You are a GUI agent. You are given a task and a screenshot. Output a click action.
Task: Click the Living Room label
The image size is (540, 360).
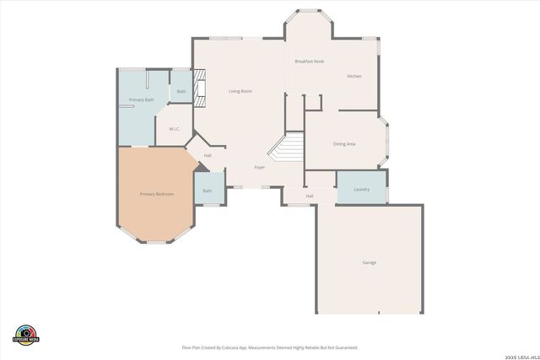click(x=240, y=91)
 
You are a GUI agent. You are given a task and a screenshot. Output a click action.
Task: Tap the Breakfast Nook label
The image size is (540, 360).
click(x=309, y=62)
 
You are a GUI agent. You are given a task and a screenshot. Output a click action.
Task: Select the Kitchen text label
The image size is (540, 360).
click(x=354, y=77)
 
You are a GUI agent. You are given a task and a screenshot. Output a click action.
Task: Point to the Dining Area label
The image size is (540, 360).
click(x=344, y=144)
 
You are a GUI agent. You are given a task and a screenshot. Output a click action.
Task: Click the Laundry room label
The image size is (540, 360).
click(x=361, y=190)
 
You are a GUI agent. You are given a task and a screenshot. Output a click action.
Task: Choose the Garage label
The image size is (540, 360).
click(x=369, y=263)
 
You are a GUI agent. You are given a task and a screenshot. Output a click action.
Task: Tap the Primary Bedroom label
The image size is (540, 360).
click(x=156, y=195)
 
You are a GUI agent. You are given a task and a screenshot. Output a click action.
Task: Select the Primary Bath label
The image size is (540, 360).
click(x=141, y=100)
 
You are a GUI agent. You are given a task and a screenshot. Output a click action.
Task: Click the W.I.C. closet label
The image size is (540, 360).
click(x=174, y=129)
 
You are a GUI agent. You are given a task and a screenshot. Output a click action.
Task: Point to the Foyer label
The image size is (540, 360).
click(x=260, y=167)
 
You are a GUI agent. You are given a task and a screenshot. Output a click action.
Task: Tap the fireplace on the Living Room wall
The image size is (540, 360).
click(x=200, y=89)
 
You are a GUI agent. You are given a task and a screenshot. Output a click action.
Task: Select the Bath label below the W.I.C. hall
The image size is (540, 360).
click(x=208, y=191)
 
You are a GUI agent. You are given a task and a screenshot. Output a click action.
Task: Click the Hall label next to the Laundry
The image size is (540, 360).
click(x=310, y=196)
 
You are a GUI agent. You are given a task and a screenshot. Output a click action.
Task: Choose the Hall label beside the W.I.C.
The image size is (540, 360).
click(x=208, y=155)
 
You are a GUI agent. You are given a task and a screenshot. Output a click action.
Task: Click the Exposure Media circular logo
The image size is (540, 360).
click(x=26, y=335)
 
